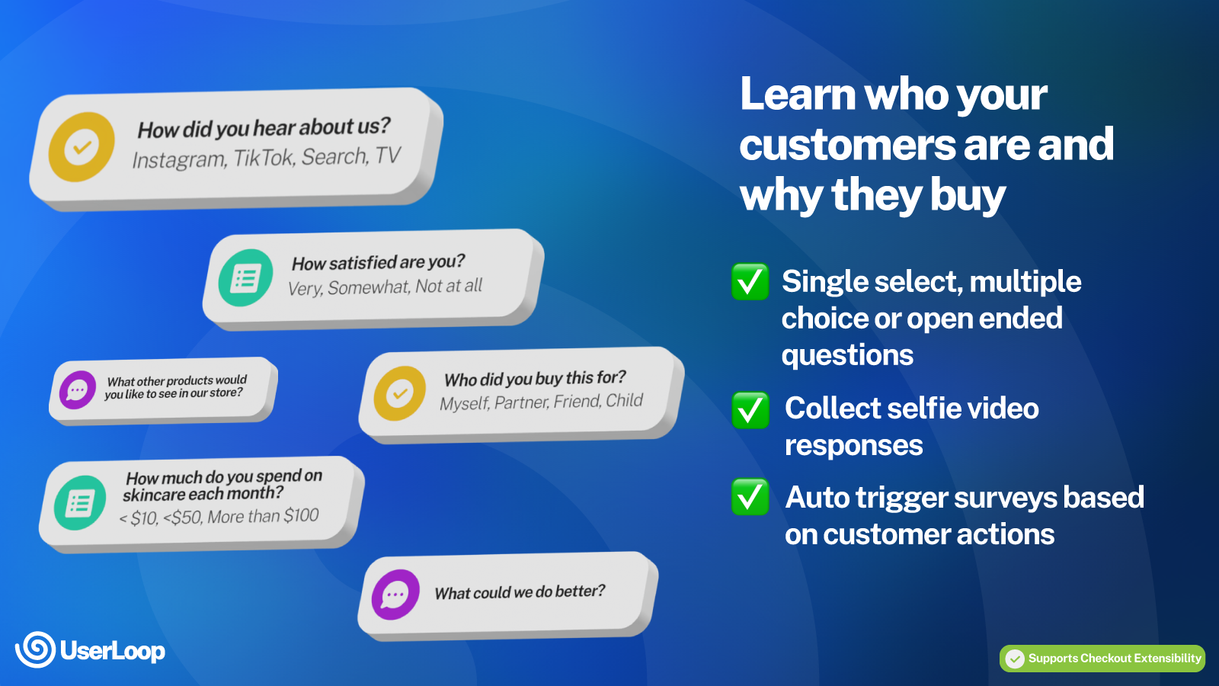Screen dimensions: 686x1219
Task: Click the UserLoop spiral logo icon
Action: pos(35,649)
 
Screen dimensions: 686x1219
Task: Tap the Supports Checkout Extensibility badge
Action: pos(1102,659)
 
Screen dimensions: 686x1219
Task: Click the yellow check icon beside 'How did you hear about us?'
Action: pos(82,147)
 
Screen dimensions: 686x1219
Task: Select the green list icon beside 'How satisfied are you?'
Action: pos(245,278)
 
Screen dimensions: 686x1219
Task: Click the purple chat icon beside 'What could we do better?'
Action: pos(395,595)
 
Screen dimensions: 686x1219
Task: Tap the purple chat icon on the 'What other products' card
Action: pos(78,390)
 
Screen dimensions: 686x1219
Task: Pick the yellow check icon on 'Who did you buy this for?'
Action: pos(399,393)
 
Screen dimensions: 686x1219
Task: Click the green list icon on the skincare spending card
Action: pos(80,503)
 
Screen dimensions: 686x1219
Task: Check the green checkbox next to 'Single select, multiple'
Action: pos(750,282)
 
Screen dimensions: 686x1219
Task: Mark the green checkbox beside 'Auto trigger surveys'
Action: pos(750,497)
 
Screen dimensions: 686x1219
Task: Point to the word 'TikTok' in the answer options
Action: pos(264,158)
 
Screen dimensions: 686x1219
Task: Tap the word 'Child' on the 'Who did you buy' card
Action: pos(624,400)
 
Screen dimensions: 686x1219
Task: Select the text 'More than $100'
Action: pos(263,516)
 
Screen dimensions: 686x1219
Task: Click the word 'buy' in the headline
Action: pos(968,196)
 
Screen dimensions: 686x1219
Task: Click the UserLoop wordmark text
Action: pos(112,651)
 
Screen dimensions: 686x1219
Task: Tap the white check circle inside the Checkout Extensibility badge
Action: pos(1015,659)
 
